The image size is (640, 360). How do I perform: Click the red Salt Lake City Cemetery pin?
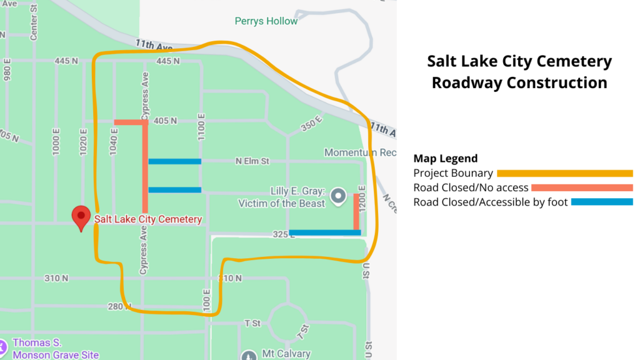point(81,217)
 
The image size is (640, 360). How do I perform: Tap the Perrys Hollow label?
point(266,21)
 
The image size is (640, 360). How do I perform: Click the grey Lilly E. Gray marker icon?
point(338,196)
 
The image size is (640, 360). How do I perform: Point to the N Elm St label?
point(252,161)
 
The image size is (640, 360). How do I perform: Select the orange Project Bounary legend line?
point(565,173)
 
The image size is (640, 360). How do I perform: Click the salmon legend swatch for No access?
point(582,187)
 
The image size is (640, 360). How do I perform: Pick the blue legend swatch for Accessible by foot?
point(602,202)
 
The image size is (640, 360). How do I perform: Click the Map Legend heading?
point(445,158)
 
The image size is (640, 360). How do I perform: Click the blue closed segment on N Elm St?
point(174,161)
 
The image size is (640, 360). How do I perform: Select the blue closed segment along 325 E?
point(325,232)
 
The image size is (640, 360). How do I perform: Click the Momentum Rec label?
point(360,152)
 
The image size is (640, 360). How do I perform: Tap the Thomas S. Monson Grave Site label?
point(56,349)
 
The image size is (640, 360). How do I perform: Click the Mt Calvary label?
point(286,354)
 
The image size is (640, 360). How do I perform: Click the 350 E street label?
point(310,124)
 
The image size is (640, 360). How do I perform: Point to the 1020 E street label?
point(84,141)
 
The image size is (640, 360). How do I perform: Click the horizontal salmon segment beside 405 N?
point(129,122)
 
